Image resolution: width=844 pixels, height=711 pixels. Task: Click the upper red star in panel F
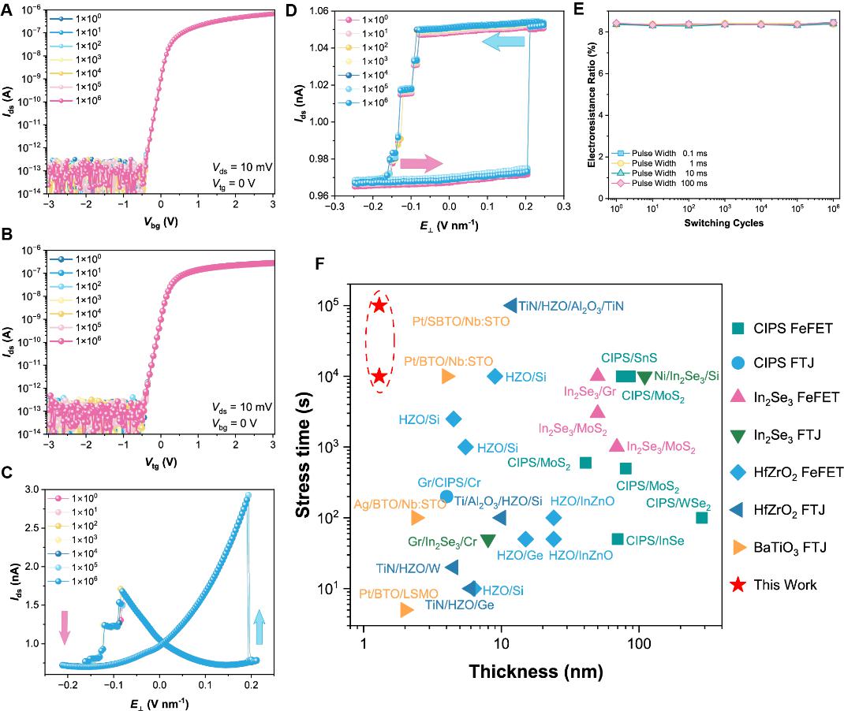(x=379, y=305)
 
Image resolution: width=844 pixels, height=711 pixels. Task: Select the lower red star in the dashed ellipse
(x=379, y=376)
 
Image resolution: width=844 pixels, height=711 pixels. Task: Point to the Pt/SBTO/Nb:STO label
(x=461, y=321)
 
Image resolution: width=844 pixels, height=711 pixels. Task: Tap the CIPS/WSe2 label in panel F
(x=678, y=505)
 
